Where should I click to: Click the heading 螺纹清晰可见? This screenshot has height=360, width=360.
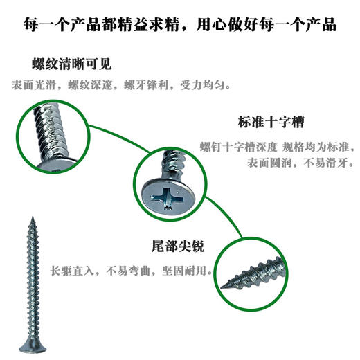[71, 65]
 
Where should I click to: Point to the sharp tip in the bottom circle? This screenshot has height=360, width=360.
[225, 283]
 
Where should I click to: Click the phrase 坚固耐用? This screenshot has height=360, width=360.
[183, 269]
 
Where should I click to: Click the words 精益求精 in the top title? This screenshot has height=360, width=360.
[157, 26]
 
